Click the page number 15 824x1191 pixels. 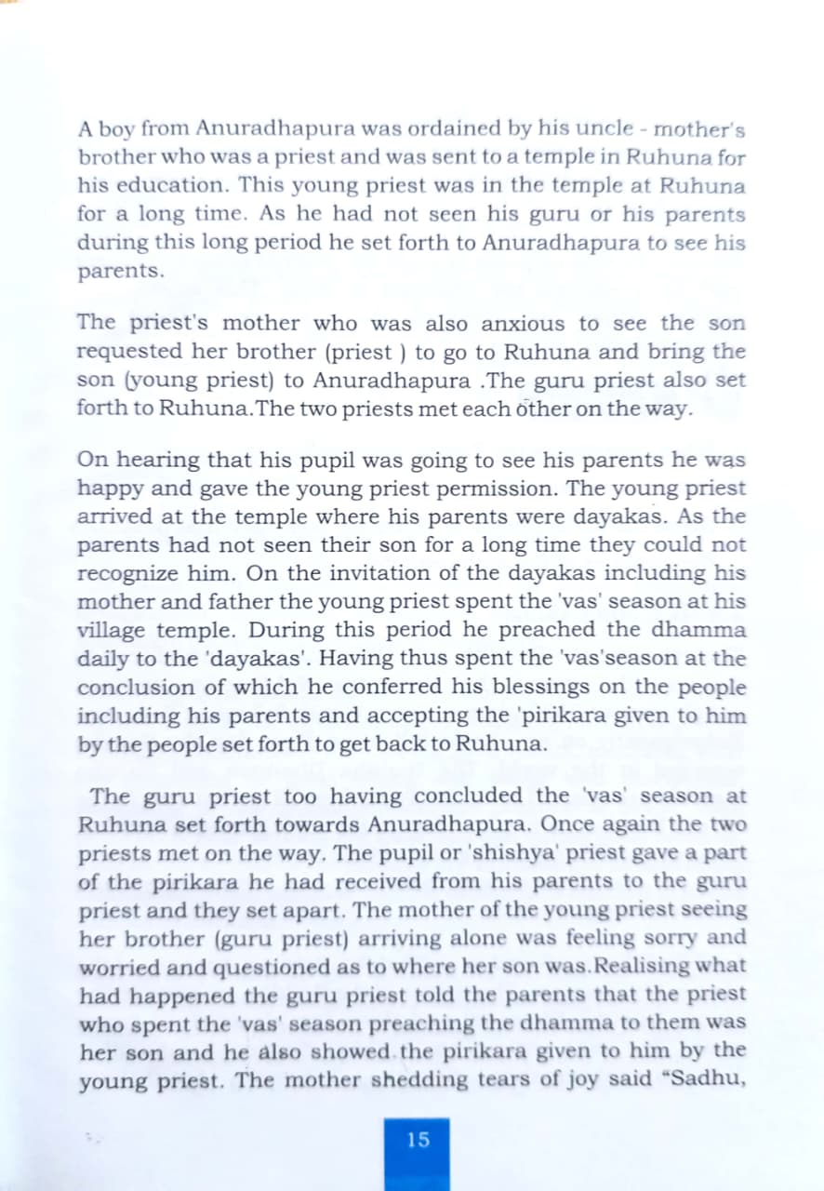point(418,1139)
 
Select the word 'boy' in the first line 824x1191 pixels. point(120,128)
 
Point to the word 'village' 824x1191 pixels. point(111,631)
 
